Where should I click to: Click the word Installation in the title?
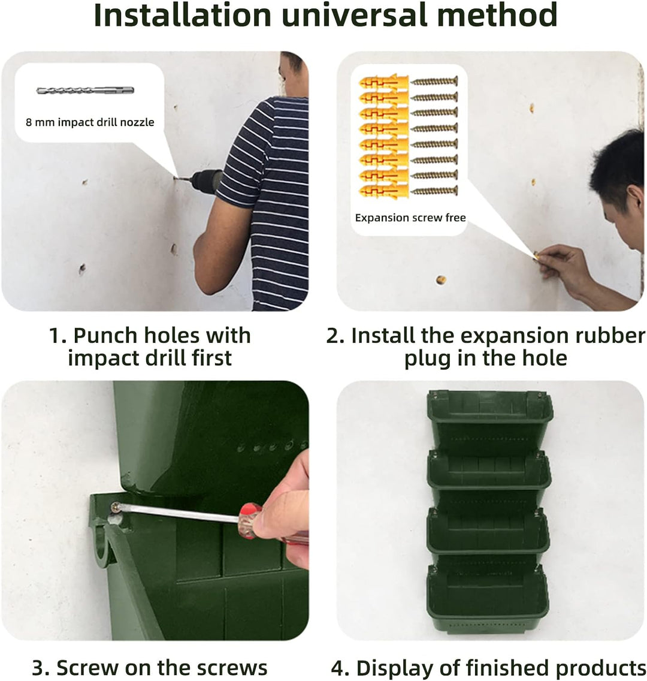click(182, 16)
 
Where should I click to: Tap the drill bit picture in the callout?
click(84, 91)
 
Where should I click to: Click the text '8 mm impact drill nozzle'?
click(90, 122)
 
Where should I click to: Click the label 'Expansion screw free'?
click(410, 218)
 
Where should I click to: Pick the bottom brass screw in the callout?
click(434, 191)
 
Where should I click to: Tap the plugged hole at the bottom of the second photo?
click(441, 280)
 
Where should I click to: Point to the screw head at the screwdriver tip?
click(114, 507)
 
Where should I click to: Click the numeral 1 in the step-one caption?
click(55, 335)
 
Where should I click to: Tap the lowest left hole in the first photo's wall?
click(82, 269)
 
